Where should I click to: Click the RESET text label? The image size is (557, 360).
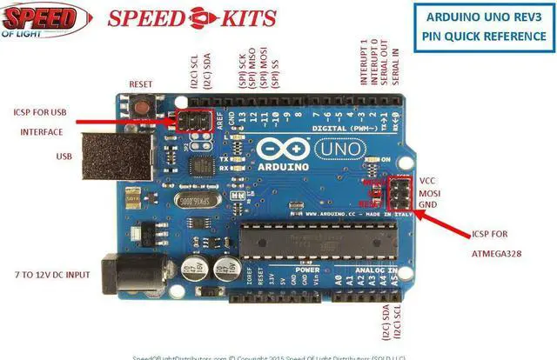[x=142, y=84]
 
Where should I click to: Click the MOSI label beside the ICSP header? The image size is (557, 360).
[x=429, y=192]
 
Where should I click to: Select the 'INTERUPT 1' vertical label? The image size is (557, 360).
[x=364, y=61]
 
